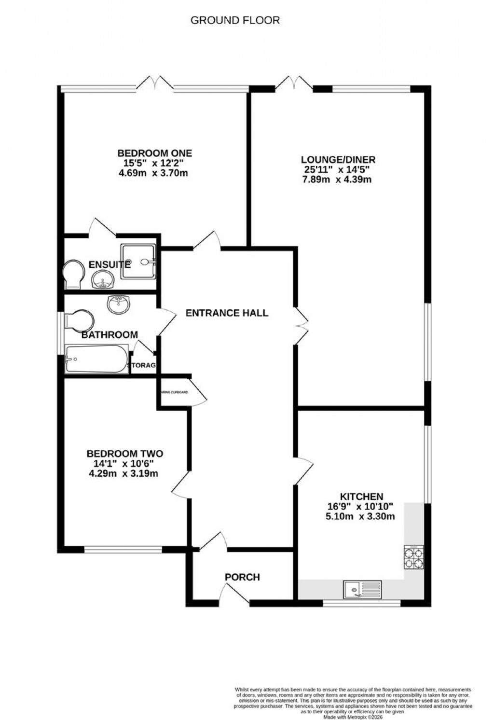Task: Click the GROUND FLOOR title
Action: (x=235, y=20)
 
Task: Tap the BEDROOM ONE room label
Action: (x=154, y=153)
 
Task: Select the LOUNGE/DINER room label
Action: (x=338, y=160)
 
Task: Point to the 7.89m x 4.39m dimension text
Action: (x=338, y=180)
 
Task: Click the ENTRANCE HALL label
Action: (x=227, y=313)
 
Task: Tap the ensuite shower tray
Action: (x=139, y=261)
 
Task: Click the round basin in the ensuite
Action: (x=102, y=279)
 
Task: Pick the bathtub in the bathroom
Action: (x=96, y=359)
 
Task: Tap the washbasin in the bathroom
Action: (x=118, y=305)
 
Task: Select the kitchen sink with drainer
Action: (x=362, y=589)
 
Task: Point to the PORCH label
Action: (x=242, y=577)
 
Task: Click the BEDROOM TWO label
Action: (x=125, y=454)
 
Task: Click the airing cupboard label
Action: (x=175, y=392)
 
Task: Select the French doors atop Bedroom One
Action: (x=155, y=83)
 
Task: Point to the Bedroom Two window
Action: (x=123, y=549)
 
